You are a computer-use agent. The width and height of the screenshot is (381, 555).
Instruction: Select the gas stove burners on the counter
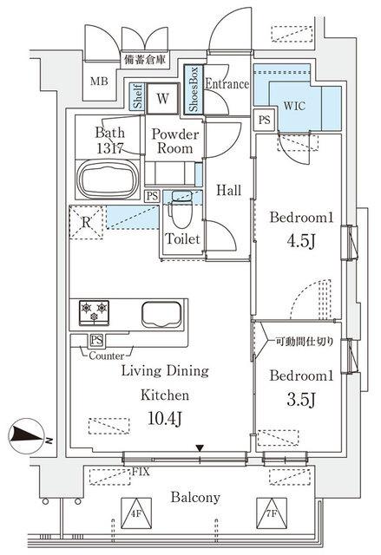coord(94,308)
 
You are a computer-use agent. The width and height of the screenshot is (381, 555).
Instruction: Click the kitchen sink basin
coord(161,313)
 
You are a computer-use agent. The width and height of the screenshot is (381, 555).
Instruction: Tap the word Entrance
coord(227,84)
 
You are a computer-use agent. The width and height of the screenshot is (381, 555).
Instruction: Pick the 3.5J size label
coord(294,400)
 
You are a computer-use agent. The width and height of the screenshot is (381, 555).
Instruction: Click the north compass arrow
coord(30,435)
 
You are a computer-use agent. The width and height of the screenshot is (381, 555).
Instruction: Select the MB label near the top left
coord(102,83)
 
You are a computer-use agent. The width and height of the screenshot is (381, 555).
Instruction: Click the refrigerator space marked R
coord(85,220)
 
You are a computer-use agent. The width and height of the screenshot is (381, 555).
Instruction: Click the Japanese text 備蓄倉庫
coord(146,60)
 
